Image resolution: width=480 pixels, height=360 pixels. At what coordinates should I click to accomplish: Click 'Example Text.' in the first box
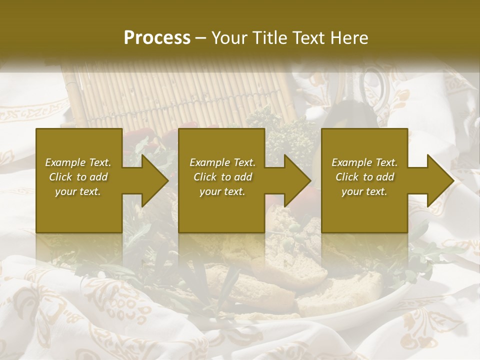[x=78, y=162]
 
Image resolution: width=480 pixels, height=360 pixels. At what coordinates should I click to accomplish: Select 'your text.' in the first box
[x=78, y=191]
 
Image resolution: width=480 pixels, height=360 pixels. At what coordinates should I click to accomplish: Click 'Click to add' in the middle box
[x=222, y=177]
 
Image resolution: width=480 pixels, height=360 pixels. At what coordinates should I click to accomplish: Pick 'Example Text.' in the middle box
[x=222, y=162]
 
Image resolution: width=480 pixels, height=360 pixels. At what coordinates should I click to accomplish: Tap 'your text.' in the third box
[x=364, y=191]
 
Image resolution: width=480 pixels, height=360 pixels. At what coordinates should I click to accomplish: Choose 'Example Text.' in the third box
[x=364, y=162]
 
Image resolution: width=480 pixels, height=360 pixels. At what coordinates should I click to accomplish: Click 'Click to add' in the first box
[x=78, y=177]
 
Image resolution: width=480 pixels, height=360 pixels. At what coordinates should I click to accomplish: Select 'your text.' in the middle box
[x=222, y=191]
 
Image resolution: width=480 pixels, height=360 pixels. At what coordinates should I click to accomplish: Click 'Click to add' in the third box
[x=364, y=177]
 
